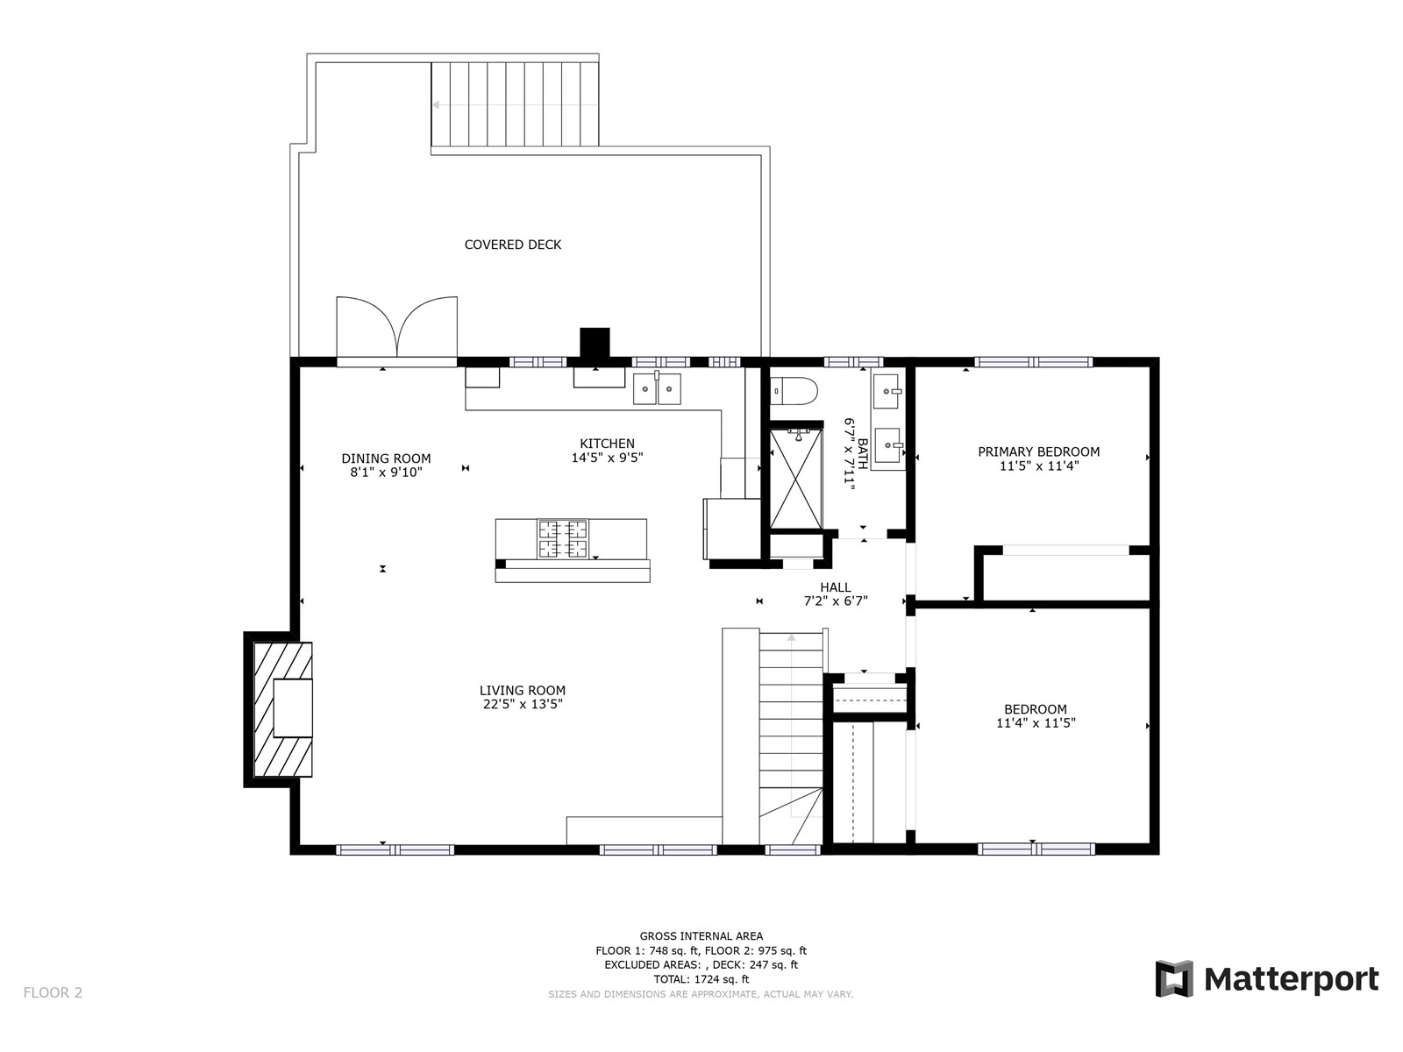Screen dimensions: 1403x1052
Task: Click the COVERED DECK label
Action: [x=513, y=245]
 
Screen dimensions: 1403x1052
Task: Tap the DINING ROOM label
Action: [x=386, y=458]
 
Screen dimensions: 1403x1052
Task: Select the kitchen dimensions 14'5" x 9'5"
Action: [x=607, y=458]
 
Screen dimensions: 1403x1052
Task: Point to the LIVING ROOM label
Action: [x=523, y=691]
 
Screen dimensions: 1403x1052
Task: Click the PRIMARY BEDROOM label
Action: [x=1039, y=451]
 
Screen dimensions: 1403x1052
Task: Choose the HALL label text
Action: [x=836, y=587]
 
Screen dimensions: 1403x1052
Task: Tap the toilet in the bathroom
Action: [x=794, y=391]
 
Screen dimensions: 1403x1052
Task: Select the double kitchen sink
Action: [x=657, y=388]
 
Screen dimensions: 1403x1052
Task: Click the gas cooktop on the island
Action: [x=562, y=538]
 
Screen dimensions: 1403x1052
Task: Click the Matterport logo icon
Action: [x=1174, y=978]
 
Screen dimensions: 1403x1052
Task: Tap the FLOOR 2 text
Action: [x=53, y=992]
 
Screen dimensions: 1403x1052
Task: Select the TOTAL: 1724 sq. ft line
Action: [x=701, y=979]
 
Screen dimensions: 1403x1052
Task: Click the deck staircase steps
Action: [x=516, y=104]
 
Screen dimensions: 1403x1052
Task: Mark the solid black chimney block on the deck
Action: [x=595, y=343]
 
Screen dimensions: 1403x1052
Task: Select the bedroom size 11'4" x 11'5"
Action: [x=1036, y=723]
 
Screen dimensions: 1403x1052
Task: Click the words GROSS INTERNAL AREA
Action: [x=701, y=936]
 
